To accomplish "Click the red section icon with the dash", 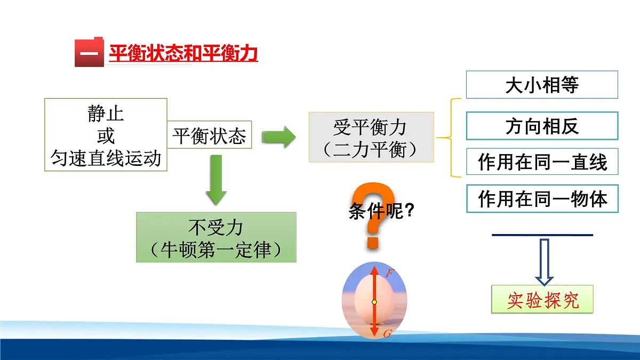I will (x=89, y=52).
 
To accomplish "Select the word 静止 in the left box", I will (x=106, y=114).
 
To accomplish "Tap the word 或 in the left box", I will (x=106, y=135).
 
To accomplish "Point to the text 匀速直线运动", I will (x=106, y=158).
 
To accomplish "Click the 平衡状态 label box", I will (x=209, y=137).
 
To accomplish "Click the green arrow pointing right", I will (x=278, y=137).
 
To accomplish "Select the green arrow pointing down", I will (x=216, y=180).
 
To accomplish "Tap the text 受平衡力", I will (x=370, y=127).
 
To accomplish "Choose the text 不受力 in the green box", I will (x=216, y=228).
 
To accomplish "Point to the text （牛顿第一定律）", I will (x=216, y=250).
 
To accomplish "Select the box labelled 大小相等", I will (x=542, y=85).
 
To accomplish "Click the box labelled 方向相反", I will (x=542, y=126).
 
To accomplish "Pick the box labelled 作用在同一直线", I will (x=542, y=162).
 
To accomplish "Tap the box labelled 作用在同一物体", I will (x=542, y=198).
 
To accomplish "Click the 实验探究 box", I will (x=542, y=300).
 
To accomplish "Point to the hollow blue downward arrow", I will (x=544, y=261).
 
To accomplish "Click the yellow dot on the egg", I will (x=374, y=302).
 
